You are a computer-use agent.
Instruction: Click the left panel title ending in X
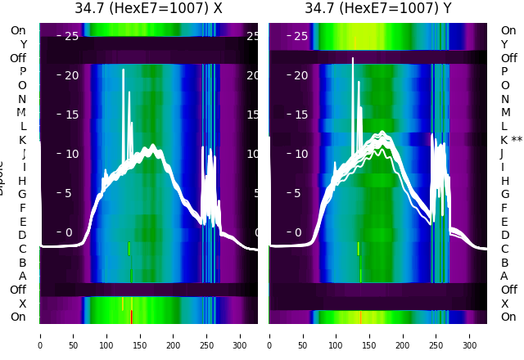[148, 8]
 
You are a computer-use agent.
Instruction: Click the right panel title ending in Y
[378, 8]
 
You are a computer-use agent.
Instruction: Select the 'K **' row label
[511, 140]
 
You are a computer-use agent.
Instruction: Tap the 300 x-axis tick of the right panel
[470, 335]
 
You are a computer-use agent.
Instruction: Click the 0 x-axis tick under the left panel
[40, 335]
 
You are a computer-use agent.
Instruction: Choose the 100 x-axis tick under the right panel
[336, 335]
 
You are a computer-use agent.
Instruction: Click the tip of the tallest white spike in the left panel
[124, 70]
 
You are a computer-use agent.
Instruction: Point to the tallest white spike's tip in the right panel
[353, 58]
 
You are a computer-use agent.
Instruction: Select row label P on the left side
[22, 72]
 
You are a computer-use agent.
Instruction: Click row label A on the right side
[504, 276]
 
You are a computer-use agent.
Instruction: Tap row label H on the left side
[22, 181]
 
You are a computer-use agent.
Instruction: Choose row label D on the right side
[504, 235]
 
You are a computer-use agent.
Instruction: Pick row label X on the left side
[22, 304]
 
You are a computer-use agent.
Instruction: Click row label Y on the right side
[504, 44]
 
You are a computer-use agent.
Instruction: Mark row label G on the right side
[504, 194]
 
